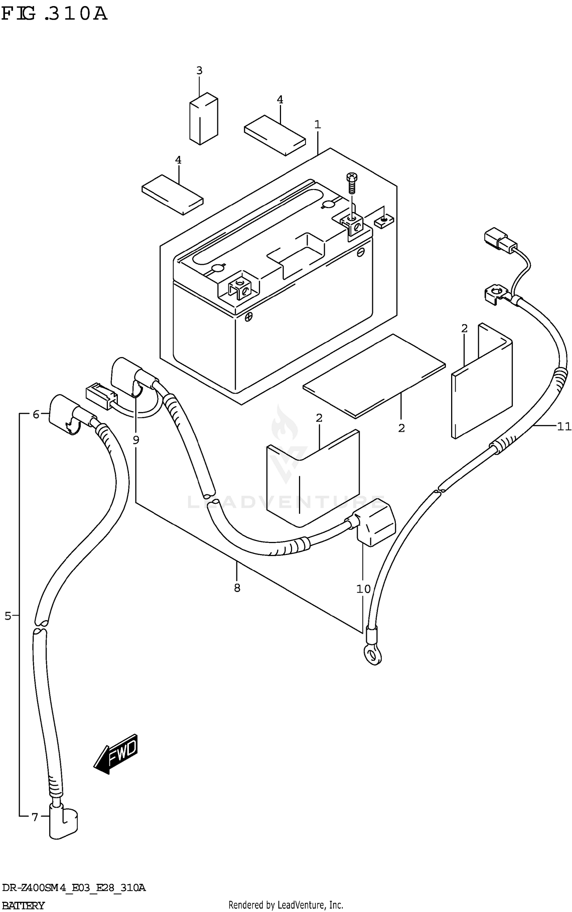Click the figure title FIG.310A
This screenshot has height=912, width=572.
54,14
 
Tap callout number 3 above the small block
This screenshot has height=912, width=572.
199,71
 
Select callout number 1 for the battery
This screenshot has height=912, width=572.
317,125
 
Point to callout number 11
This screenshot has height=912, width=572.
564,426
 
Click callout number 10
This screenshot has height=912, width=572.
363,589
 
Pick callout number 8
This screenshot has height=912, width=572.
237,588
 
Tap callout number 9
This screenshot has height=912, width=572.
136,440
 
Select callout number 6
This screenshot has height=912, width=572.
36,414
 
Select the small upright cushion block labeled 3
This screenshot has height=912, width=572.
204,118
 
